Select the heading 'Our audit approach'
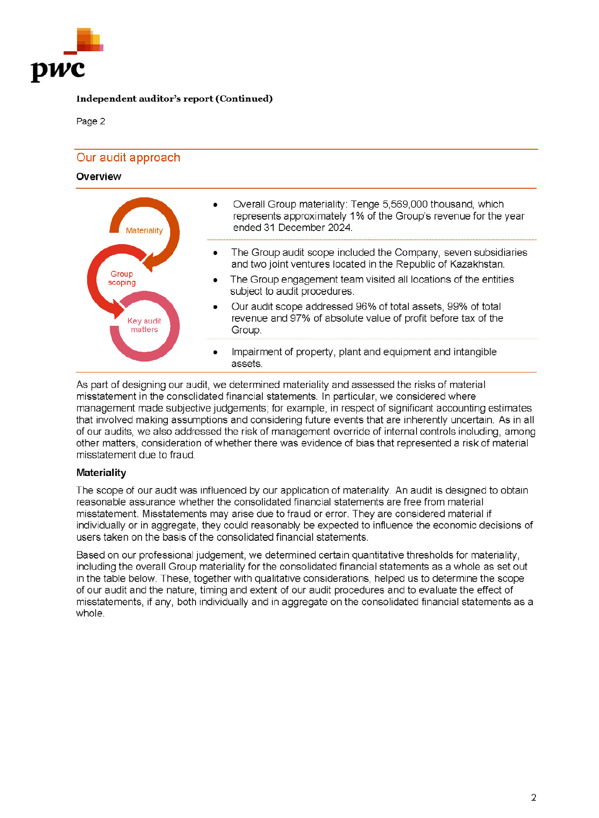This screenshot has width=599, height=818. (x=128, y=157)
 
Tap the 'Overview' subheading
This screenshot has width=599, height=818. (x=98, y=176)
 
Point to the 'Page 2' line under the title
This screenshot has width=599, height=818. (x=91, y=121)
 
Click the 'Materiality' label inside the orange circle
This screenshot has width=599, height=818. (x=144, y=230)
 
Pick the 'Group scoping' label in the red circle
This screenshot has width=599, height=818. (x=122, y=278)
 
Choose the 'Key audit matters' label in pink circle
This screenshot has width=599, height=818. (x=144, y=325)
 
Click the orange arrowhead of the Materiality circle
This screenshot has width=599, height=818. (x=148, y=263)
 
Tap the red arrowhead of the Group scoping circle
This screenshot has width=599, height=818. (x=118, y=310)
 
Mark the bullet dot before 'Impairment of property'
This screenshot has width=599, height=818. (x=215, y=352)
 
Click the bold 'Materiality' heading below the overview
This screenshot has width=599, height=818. (x=101, y=473)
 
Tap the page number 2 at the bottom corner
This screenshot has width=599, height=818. (x=534, y=798)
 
